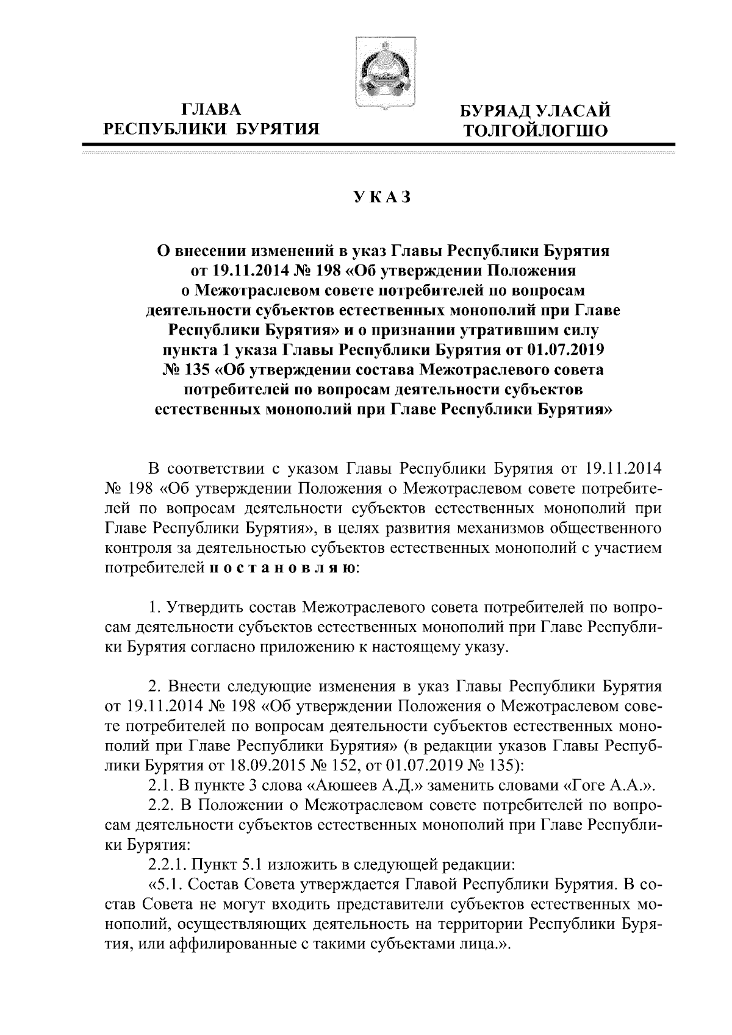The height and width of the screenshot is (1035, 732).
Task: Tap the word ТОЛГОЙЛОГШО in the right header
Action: pyautogui.click(x=536, y=130)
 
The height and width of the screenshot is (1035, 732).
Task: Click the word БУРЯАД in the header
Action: pyautogui.click(x=497, y=110)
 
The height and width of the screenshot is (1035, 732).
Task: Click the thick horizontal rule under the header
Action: pyautogui.click(x=378, y=144)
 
